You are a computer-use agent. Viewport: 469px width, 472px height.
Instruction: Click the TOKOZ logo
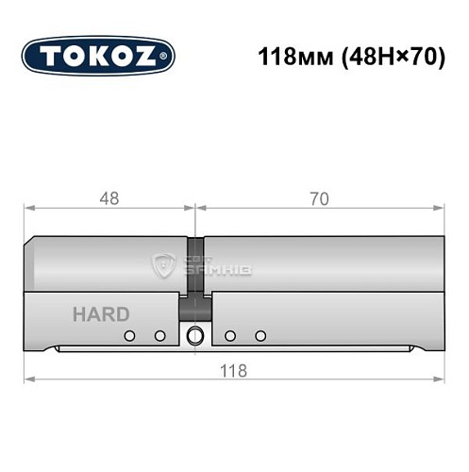coord(99,55)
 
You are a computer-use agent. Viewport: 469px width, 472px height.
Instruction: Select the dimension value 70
coord(319,199)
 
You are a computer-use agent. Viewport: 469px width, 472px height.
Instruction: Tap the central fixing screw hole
coord(195,335)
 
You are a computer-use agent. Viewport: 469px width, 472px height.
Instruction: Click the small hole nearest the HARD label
coord(128,335)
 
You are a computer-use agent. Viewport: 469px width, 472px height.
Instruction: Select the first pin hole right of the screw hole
coord(229,335)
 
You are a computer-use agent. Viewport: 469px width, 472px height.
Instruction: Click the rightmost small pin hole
coord(260,335)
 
